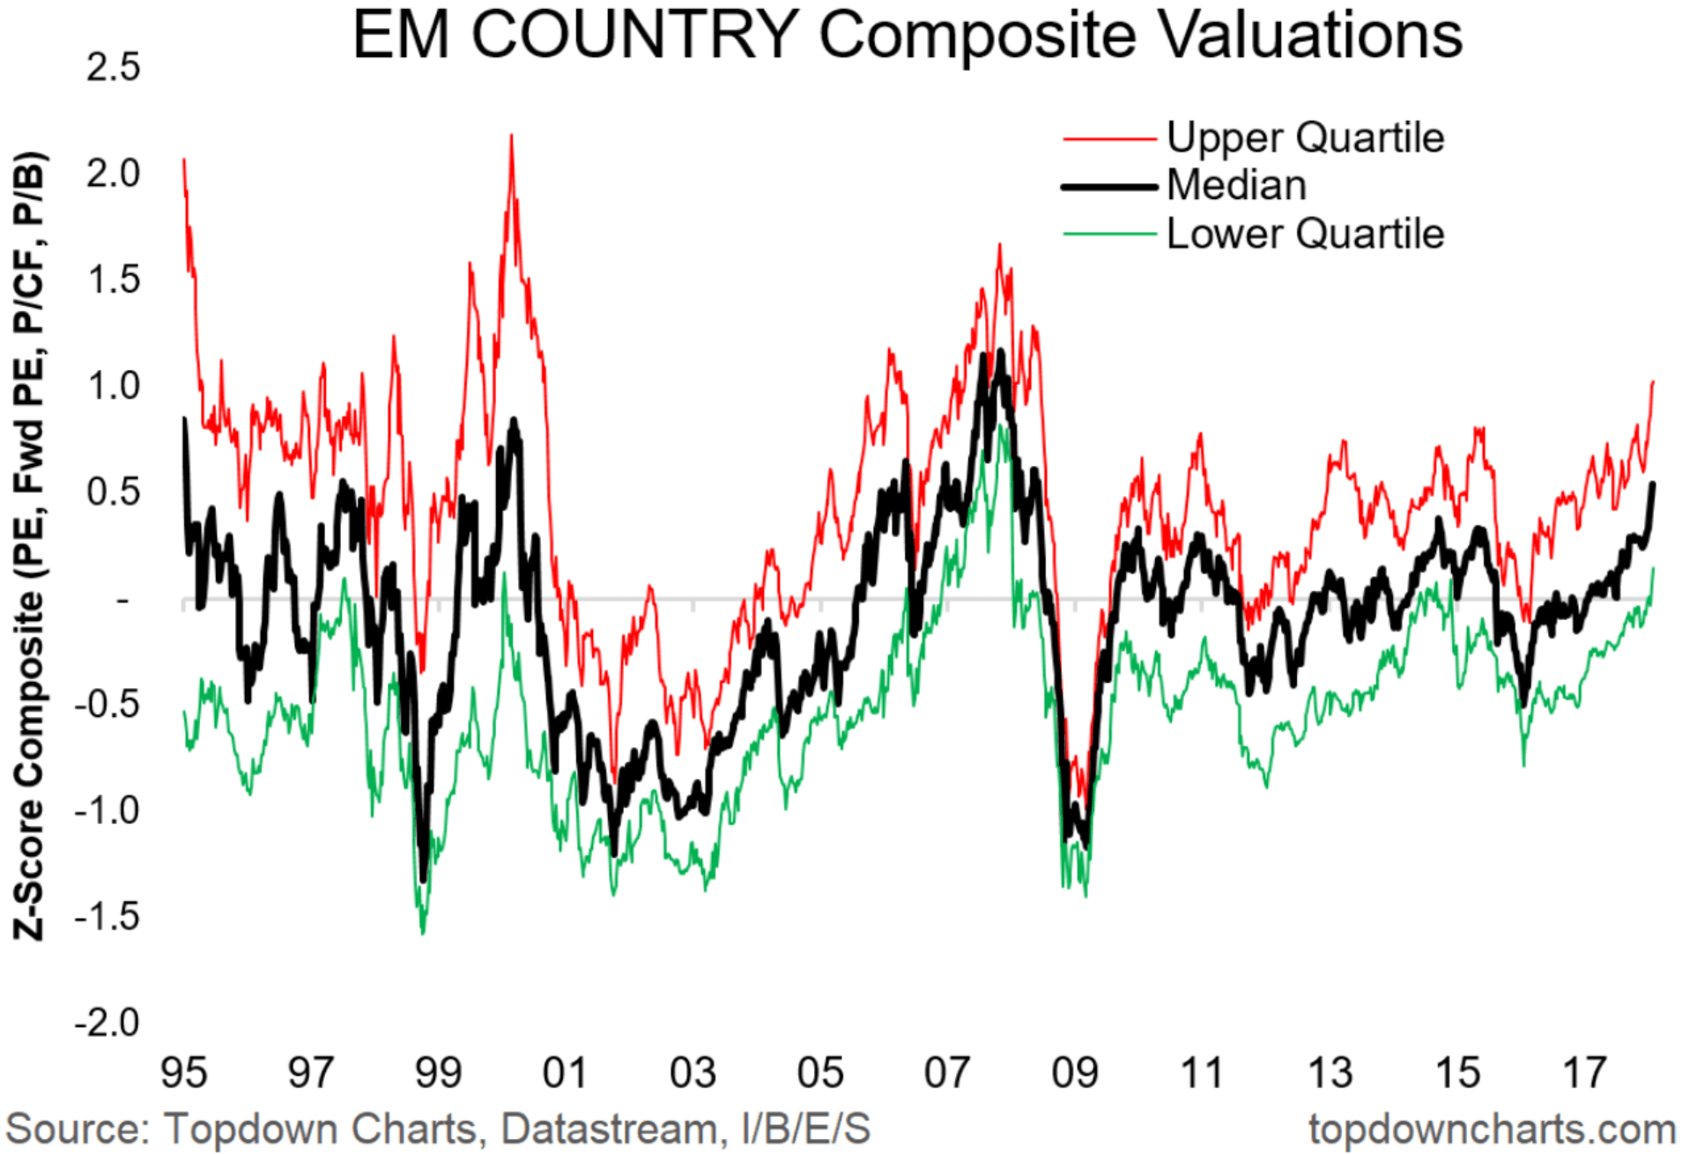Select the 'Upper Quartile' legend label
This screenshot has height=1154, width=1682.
pos(1305,138)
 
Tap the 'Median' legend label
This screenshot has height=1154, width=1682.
pos(1236,186)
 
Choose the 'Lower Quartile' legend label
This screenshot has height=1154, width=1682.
pos(1305,234)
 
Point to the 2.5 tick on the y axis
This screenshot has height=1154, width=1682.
pos(113,68)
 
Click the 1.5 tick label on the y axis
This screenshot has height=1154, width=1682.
pos(113,280)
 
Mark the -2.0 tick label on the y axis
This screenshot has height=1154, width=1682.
pos(107,1023)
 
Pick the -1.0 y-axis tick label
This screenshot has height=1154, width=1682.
pos(107,810)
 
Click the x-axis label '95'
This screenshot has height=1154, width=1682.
pos(183,1073)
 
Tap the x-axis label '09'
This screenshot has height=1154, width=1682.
pos(1074,1073)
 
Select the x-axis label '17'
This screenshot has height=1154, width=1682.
pos(1584,1073)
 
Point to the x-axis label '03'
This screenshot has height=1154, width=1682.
pos(693,1073)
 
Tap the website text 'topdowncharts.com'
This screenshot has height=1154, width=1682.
pos(1492,1129)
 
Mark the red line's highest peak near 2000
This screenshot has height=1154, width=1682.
pos(511,137)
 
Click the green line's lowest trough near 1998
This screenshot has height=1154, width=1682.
pos(423,932)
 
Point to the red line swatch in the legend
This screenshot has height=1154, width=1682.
pos(1109,139)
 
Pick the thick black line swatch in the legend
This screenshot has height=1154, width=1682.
pos(1109,187)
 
